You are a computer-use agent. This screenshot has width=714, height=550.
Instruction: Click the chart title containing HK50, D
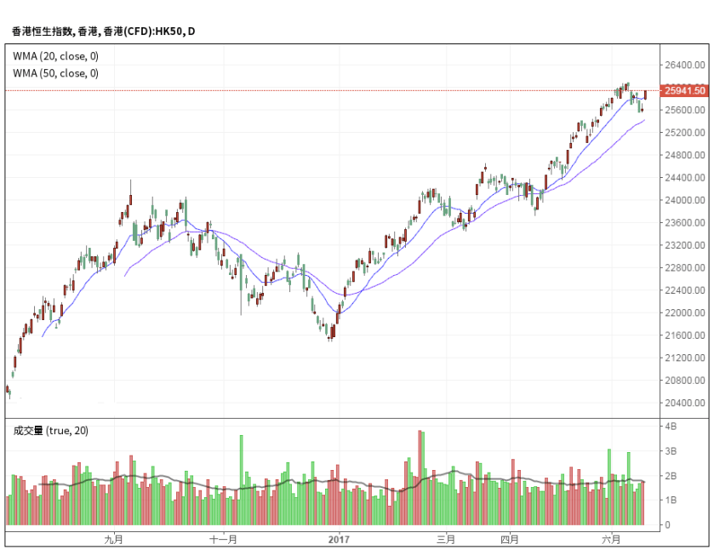[103, 32]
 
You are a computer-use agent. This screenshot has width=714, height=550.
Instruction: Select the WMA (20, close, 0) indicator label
[56, 56]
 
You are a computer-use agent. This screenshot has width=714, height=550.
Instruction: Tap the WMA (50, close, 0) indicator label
[56, 73]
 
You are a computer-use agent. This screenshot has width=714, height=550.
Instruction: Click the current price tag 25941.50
[686, 90]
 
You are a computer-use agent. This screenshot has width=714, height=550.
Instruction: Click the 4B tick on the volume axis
[671, 426]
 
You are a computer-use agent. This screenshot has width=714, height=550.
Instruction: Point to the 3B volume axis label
[671, 450]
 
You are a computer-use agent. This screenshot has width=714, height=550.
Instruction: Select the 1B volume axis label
[671, 501]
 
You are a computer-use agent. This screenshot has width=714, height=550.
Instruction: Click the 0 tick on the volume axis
[668, 525]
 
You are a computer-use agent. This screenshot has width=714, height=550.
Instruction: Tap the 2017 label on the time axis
[339, 540]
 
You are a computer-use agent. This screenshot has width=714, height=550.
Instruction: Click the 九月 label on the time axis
[113, 540]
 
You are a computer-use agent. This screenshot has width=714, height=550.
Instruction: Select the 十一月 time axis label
[223, 540]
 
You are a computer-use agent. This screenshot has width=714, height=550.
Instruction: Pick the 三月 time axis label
[446, 540]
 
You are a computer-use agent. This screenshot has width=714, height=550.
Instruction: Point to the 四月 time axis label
[509, 540]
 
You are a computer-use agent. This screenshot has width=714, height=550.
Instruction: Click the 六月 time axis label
[611, 540]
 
